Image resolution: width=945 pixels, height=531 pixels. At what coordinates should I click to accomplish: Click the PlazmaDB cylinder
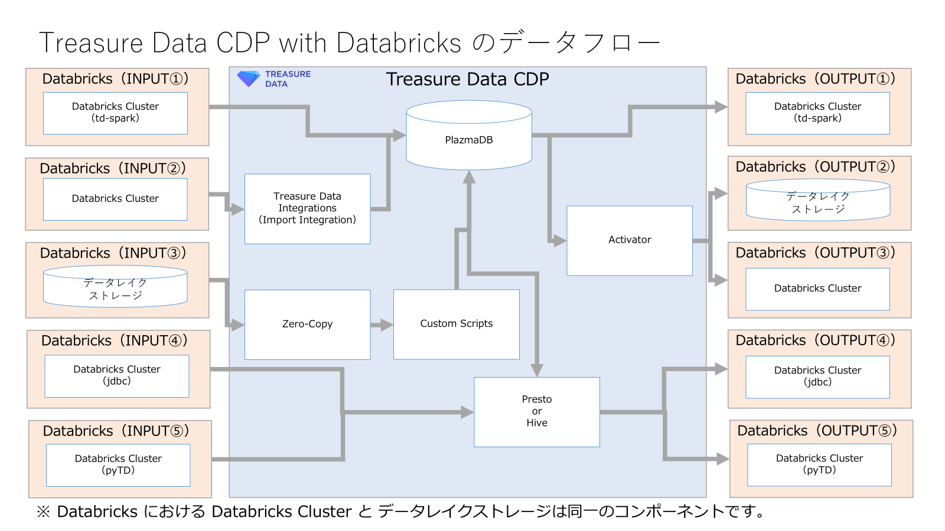pos(469,140)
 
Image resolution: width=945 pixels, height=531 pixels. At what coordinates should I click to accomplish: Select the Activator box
pos(630,240)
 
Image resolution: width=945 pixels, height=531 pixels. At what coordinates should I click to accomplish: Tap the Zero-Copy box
pos(307,324)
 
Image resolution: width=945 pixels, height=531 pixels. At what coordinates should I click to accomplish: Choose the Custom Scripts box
pos(456,324)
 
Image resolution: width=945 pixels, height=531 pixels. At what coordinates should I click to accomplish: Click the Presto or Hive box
pos(536,411)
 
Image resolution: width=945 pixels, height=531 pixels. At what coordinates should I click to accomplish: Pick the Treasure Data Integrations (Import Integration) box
pos(307,208)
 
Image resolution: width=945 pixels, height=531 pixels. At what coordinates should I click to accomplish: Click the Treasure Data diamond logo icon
pos(248,78)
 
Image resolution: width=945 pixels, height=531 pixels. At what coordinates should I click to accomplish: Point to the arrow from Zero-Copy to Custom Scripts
pos(382,324)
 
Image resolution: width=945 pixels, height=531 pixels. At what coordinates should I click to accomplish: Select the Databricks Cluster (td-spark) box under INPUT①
pos(115,113)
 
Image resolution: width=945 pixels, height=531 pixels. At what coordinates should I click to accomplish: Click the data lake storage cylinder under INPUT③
pos(115,287)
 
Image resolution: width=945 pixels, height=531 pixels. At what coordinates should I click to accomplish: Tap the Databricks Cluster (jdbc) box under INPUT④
pos(117,376)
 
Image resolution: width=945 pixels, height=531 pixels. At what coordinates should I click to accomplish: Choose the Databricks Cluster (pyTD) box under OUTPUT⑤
pos(819,464)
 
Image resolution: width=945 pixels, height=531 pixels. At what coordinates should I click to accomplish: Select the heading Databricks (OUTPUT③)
pos(815,253)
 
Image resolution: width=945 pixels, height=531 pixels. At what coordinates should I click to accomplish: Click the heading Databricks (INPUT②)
pos(113,168)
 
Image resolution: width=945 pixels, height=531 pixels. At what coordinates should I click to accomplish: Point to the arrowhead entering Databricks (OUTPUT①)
pos(721,107)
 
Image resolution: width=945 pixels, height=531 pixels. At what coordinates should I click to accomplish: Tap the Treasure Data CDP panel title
pos(467,79)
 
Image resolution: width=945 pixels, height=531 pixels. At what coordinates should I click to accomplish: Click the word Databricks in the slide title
pos(399,43)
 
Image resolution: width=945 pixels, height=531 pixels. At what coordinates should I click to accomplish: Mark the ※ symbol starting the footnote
pos(43,512)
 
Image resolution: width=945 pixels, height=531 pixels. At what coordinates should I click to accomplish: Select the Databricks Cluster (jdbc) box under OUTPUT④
pos(817,376)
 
